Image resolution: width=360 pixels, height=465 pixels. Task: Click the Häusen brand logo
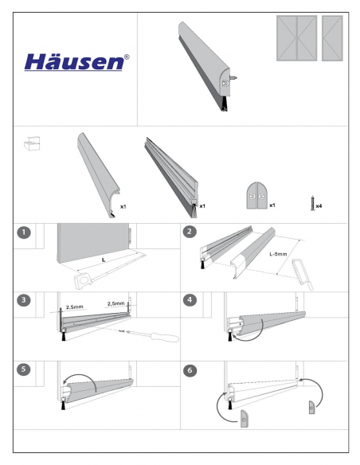coord(76,62)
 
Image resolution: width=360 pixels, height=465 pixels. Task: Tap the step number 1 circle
coord(24,232)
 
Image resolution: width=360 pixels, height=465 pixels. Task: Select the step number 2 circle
coord(190,232)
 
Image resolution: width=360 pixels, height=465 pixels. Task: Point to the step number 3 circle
coord(24,300)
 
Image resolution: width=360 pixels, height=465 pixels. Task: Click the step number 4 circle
coord(190,300)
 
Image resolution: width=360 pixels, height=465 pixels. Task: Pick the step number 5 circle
coord(24,369)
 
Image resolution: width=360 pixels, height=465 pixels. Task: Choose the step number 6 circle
coord(190,370)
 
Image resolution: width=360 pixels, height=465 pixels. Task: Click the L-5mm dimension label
coord(278,254)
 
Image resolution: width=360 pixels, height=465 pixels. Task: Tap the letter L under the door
coord(104,260)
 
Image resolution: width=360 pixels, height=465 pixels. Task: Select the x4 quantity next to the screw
coord(319,205)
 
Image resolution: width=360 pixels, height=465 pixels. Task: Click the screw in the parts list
coord(312,203)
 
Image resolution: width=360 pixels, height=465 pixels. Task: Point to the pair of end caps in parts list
coord(257,196)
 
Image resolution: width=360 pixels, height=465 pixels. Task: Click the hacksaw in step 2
coord(303,275)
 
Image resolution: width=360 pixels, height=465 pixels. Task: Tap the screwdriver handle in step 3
coord(165,337)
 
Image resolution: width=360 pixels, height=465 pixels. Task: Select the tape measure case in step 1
coord(84,280)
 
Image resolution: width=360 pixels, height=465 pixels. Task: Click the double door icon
coord(297,38)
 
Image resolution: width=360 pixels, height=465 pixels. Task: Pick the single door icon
coord(332,38)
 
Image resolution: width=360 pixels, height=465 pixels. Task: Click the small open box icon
coord(32,144)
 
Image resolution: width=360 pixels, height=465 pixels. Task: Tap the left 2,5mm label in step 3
coord(74,307)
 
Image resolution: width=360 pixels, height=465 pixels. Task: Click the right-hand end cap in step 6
coord(311,408)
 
